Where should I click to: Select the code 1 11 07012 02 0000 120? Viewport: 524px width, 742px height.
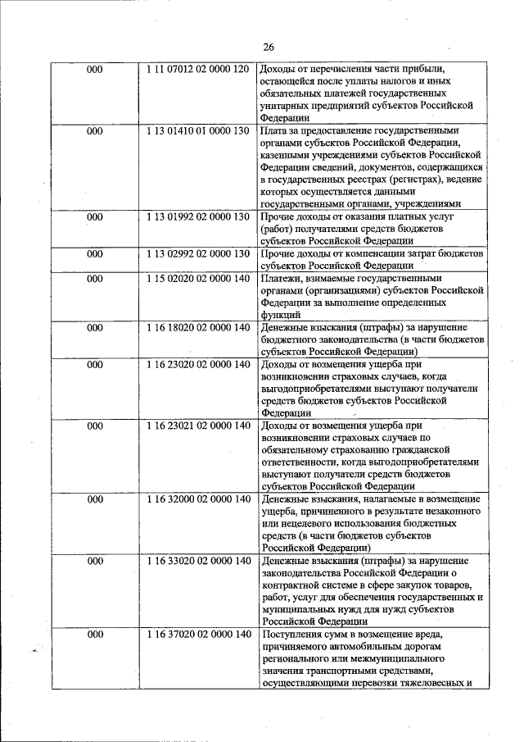198,70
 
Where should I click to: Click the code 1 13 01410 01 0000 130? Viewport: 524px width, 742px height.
198,130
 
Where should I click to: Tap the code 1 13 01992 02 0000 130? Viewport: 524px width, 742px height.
198,216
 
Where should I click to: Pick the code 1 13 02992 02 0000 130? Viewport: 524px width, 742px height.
198,253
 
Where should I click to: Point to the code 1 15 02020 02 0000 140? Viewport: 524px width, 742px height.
198,279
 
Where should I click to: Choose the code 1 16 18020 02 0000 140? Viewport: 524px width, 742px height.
198,327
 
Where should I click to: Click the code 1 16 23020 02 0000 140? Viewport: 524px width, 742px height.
198,364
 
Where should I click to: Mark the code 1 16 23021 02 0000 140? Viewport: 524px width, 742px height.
198,426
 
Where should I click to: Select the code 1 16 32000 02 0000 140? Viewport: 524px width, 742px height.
198,498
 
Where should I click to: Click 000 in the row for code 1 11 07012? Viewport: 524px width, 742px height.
95,70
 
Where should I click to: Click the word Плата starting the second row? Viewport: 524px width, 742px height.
273,130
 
